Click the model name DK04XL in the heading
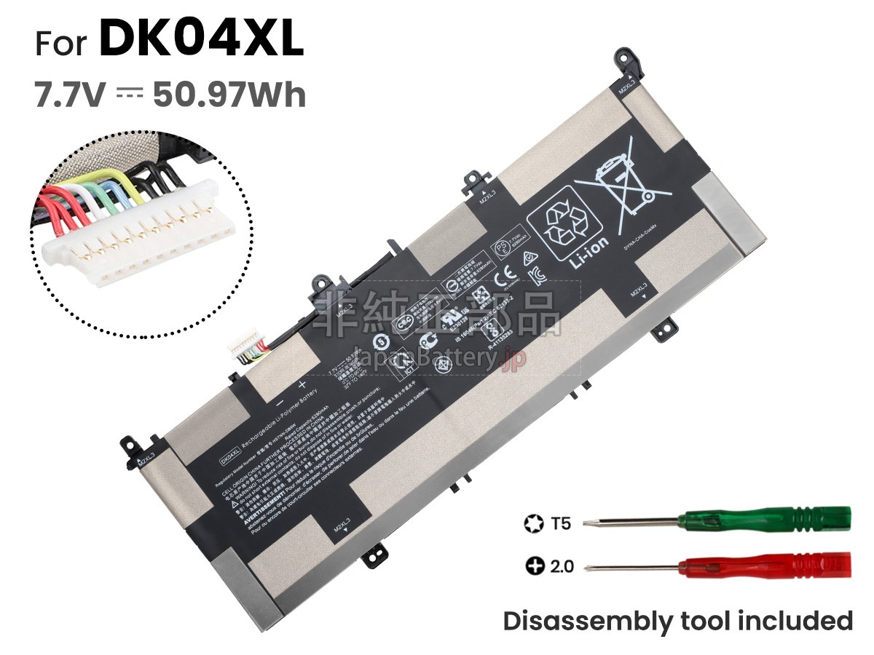pos(201,40)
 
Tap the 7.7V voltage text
pos(70,95)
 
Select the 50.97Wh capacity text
pos(229,95)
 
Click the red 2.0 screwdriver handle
pos(801,564)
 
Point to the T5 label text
pos(562,523)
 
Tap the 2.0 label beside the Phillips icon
pos(562,565)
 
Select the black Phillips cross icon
pos(535,566)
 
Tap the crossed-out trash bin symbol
pos(626,182)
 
